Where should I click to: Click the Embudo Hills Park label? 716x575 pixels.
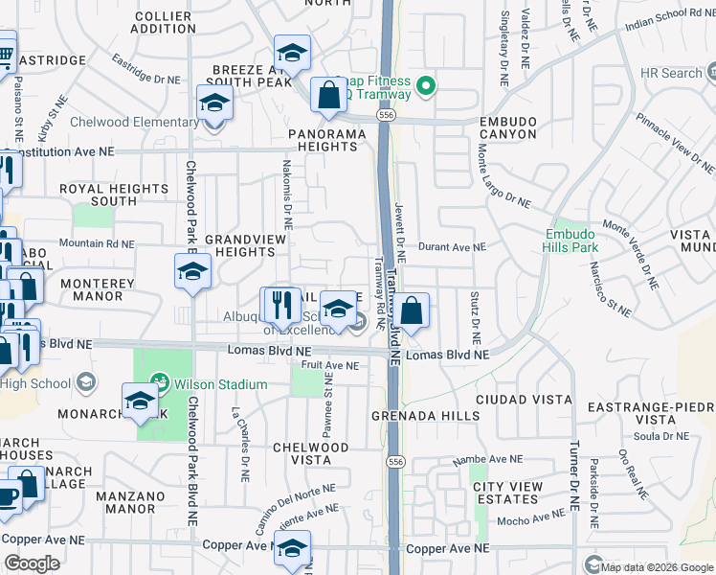(571, 241)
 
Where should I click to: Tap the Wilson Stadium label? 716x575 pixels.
(226, 384)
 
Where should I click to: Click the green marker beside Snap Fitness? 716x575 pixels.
(429, 87)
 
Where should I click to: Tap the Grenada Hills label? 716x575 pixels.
(425, 416)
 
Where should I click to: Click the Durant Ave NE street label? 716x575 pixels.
(452, 247)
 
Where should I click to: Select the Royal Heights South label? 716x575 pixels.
(100, 195)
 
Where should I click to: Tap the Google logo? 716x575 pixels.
(32, 563)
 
